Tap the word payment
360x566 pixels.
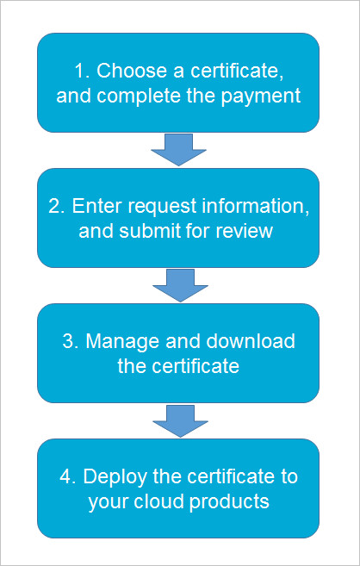(261, 96)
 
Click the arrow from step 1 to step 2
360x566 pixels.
(178, 150)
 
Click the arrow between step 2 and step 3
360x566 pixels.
(180, 285)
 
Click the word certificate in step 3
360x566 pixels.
(196, 367)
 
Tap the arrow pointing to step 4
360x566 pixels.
(180, 421)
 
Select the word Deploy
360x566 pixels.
(115, 477)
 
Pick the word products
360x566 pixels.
(229, 502)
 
